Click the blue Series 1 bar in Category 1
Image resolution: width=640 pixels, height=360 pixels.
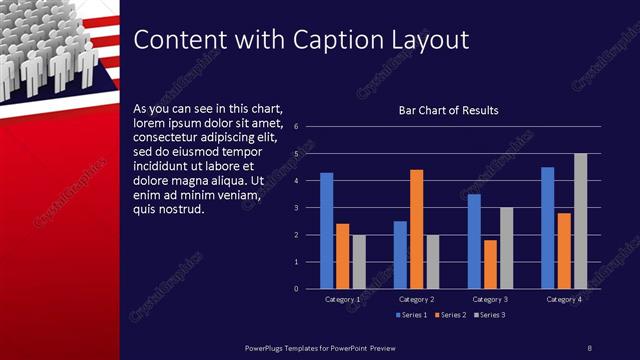(326, 230)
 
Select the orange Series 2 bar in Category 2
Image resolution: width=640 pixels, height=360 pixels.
(416, 229)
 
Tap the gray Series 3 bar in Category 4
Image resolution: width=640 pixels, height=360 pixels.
(580, 221)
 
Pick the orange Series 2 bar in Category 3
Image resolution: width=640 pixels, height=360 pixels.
(490, 264)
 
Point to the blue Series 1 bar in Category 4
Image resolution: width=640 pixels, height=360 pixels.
(547, 227)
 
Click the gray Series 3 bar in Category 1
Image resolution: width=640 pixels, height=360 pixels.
(359, 261)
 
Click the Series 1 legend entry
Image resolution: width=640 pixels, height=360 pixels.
(413, 316)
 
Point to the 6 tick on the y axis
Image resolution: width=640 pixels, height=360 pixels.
(296, 127)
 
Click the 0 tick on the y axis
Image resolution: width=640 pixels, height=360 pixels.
(296, 289)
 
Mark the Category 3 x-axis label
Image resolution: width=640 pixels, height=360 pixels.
(490, 299)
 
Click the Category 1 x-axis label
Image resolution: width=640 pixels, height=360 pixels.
(343, 299)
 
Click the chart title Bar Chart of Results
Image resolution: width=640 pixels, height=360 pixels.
(448, 110)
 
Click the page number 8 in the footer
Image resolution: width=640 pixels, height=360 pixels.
(589, 347)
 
